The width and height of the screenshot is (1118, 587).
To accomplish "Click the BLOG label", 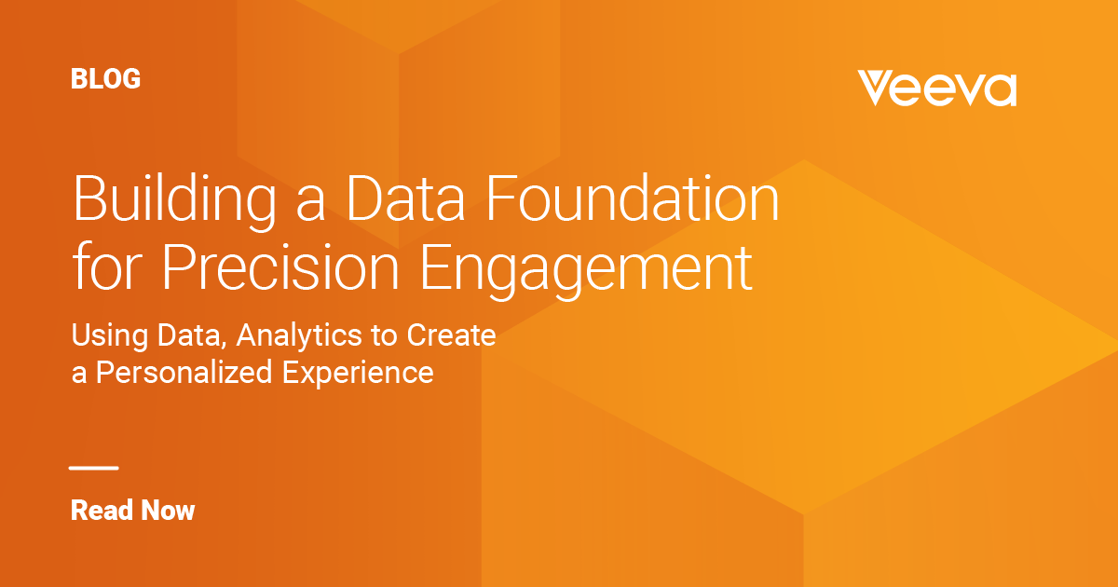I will tap(105, 79).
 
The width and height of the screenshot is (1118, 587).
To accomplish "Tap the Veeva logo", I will tap(936, 89).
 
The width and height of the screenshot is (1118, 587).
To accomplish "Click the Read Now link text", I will tap(132, 510).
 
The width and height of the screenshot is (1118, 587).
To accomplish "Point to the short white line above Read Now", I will tap(94, 468).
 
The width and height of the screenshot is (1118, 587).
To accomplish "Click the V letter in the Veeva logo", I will tap(877, 89).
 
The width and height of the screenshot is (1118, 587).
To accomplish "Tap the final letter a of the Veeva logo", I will tap(999, 90).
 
